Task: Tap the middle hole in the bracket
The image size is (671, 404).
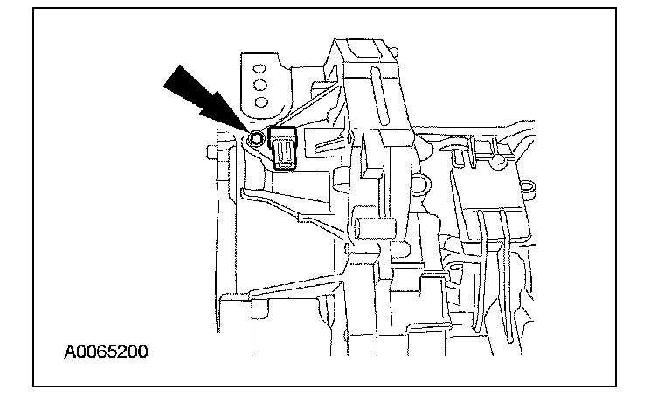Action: click(259, 84)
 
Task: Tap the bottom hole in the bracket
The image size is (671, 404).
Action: click(259, 102)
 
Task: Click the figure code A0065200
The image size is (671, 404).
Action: click(106, 352)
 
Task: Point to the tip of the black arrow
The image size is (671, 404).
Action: click(245, 130)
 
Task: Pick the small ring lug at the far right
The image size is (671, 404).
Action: click(527, 187)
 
